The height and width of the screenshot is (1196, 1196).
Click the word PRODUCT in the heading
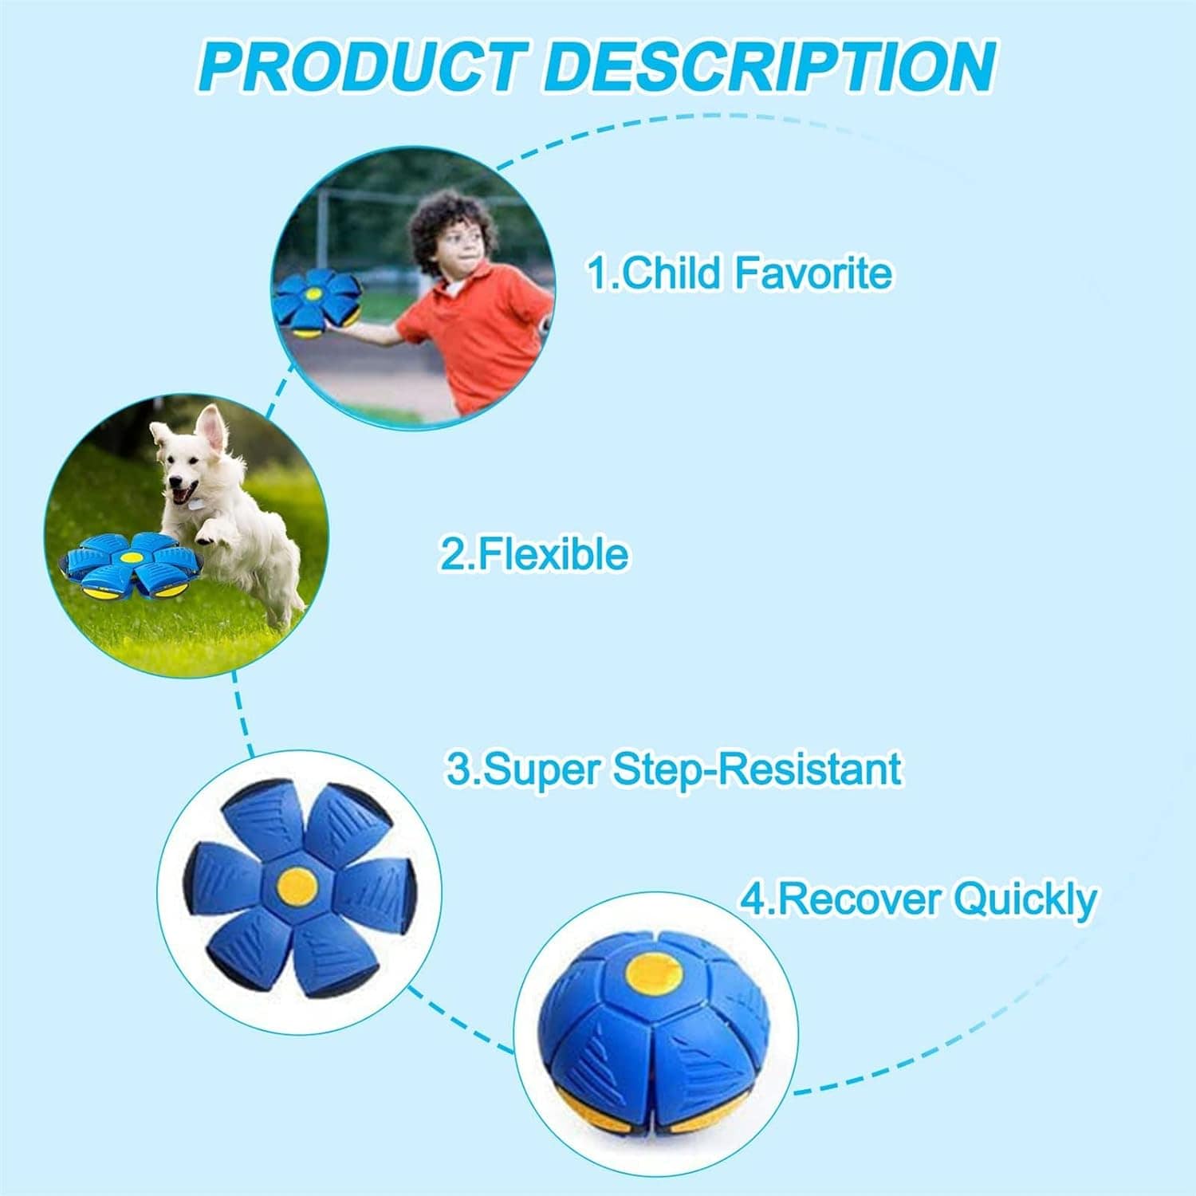pos(363,66)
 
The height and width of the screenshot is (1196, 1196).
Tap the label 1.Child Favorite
pos(740,273)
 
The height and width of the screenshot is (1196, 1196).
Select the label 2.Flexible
pos(533,553)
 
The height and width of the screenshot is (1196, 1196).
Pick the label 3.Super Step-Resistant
pos(674,769)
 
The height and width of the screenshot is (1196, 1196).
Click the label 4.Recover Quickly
pos(918,899)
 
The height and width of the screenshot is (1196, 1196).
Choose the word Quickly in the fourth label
pos(1025,899)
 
